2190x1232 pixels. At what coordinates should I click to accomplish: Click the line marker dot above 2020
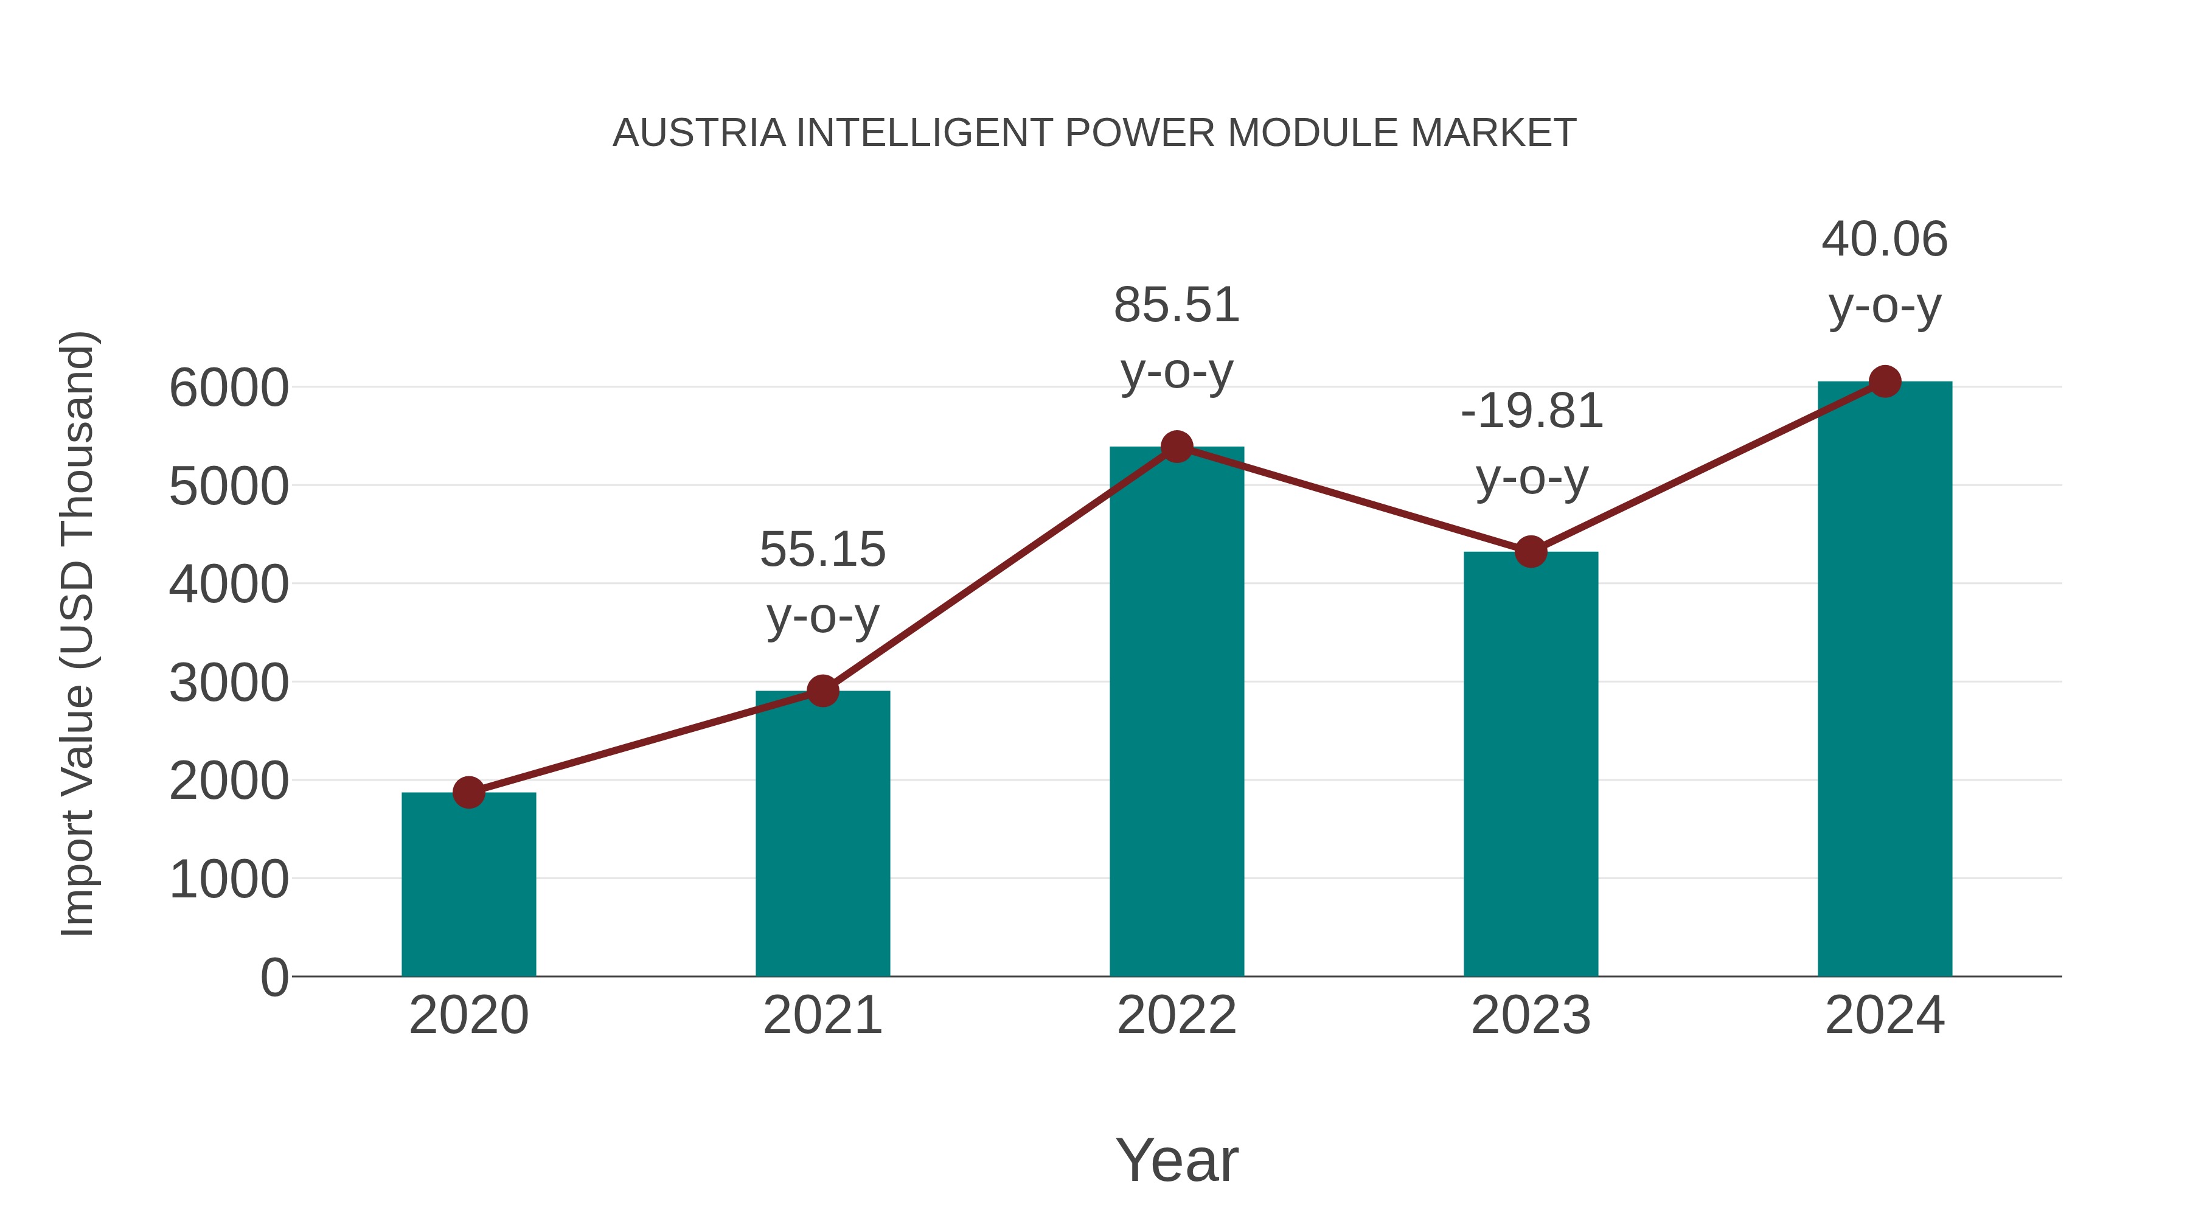(x=468, y=792)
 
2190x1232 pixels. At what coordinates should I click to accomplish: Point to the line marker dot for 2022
(x=1177, y=447)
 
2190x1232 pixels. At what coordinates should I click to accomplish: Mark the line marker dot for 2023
(x=1531, y=552)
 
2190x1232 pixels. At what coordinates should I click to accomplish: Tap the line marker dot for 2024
(x=1885, y=381)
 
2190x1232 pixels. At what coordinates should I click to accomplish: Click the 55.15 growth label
(x=822, y=549)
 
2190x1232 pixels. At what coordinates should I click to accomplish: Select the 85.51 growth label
(x=1177, y=305)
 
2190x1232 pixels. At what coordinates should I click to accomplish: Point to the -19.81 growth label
(x=1531, y=411)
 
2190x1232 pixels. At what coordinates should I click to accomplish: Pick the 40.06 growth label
(x=1884, y=239)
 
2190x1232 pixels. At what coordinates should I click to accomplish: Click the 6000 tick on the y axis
(x=229, y=389)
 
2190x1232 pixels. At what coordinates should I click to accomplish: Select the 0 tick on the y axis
(x=274, y=978)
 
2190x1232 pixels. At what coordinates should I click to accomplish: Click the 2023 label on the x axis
(x=1531, y=1015)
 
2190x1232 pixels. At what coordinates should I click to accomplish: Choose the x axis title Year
(x=1177, y=1160)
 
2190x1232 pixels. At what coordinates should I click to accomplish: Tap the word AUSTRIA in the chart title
(x=699, y=133)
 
